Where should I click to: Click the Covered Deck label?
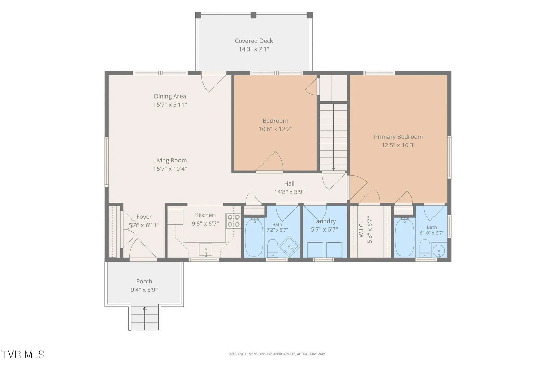tap(254, 41)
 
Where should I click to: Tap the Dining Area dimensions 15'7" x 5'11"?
tap(170, 105)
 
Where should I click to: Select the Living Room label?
tap(170, 160)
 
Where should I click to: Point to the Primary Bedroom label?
tap(398, 137)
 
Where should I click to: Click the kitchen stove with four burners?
tap(233, 221)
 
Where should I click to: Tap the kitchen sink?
tap(206, 250)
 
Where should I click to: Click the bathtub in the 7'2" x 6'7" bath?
tap(254, 238)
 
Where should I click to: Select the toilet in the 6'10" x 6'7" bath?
tap(425, 248)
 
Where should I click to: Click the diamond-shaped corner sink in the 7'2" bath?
tap(289, 247)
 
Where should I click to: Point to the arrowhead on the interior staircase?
tap(333, 169)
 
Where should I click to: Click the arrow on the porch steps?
tap(145, 318)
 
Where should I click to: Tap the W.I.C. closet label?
tap(361, 229)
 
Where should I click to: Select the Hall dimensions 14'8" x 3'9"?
tap(289, 192)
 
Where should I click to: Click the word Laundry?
tap(324, 221)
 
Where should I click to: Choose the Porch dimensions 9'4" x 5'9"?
tap(144, 290)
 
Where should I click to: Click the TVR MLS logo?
tap(23, 355)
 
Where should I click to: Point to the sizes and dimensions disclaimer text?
tap(277, 354)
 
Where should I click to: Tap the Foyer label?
tap(144, 217)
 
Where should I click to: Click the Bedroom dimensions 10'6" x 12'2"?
tap(276, 129)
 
